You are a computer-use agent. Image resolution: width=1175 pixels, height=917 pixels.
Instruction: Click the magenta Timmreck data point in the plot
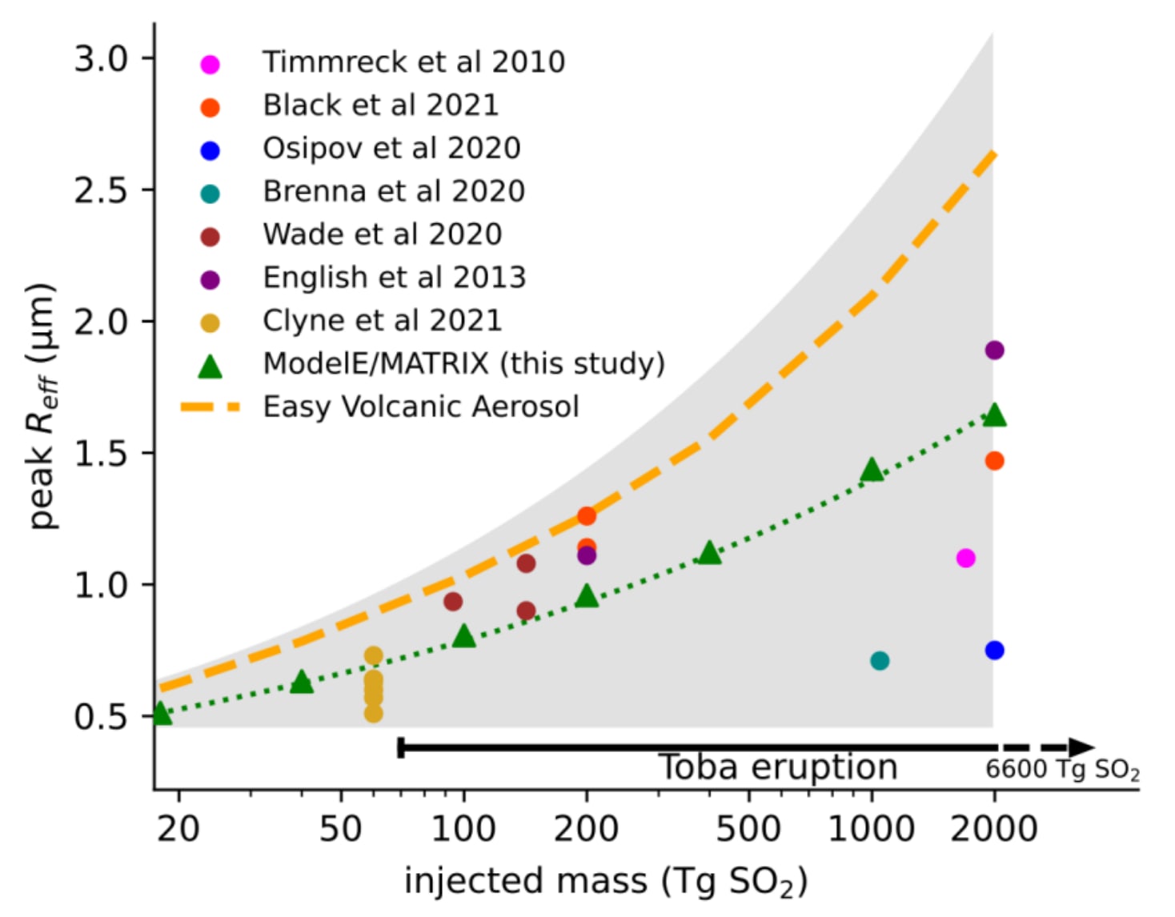pyautogui.click(x=965, y=558)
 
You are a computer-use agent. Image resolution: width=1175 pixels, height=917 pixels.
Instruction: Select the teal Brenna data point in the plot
pyautogui.click(x=879, y=660)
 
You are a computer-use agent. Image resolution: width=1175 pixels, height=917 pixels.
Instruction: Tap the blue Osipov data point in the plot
pyautogui.click(x=994, y=650)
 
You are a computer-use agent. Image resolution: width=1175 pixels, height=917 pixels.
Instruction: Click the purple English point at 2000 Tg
pyautogui.click(x=994, y=350)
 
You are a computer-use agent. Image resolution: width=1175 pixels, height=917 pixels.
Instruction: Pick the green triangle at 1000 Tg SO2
pyautogui.click(x=872, y=471)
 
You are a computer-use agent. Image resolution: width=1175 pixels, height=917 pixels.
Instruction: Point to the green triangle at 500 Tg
pyautogui.click(x=709, y=553)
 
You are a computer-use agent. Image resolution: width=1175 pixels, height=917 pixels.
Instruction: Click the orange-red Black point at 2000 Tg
pyautogui.click(x=994, y=460)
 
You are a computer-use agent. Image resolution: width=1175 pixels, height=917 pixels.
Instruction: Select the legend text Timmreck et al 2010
pyautogui.click(x=414, y=62)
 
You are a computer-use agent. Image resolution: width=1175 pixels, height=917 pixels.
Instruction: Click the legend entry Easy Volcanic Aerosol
pyautogui.click(x=420, y=406)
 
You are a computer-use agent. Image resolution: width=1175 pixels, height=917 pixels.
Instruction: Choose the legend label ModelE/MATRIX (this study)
pyautogui.click(x=463, y=363)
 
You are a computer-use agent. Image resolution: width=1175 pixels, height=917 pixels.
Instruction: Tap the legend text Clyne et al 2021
pyautogui.click(x=382, y=320)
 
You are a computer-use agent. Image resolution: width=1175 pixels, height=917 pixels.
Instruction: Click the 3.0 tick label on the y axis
pyautogui.click(x=101, y=58)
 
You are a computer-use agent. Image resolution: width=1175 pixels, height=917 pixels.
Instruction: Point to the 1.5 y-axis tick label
pyautogui.click(x=101, y=454)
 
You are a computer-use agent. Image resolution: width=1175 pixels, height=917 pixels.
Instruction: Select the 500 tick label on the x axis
pyautogui.click(x=748, y=828)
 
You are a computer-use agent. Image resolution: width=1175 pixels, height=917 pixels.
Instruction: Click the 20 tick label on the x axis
pyautogui.click(x=178, y=828)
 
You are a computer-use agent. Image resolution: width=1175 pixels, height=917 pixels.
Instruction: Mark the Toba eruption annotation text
pyautogui.click(x=777, y=767)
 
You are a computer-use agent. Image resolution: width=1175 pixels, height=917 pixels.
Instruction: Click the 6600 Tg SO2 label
pyautogui.click(x=1062, y=769)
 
